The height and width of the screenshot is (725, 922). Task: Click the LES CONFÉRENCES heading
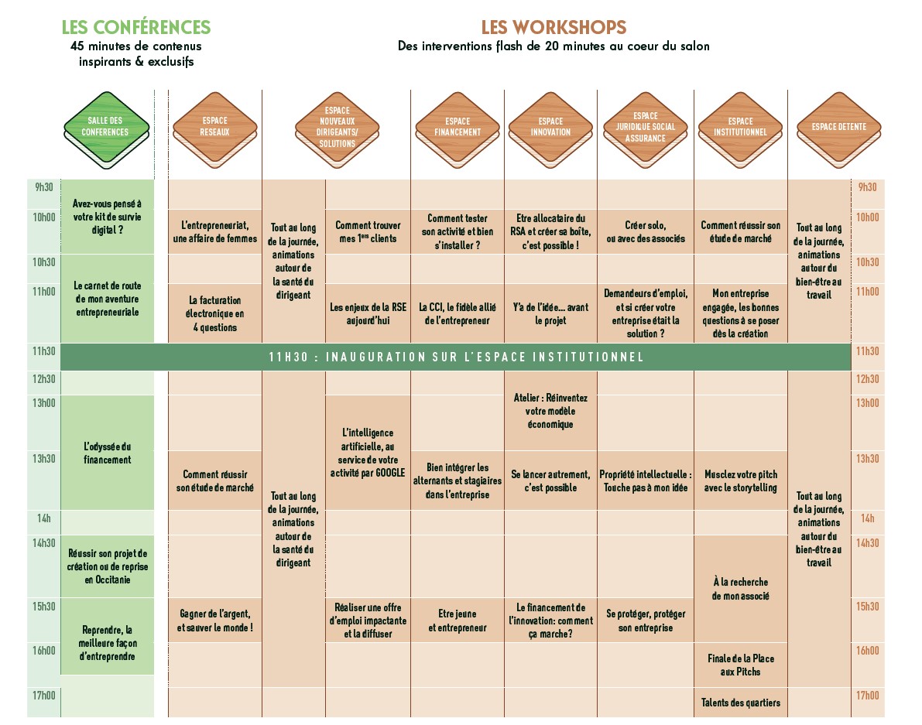click(135, 27)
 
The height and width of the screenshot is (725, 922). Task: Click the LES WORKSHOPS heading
click(554, 27)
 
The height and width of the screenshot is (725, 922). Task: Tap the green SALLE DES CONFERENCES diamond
click(107, 127)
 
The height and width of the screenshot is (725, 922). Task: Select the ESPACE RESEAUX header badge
click(214, 126)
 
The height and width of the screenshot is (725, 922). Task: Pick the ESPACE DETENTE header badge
click(838, 127)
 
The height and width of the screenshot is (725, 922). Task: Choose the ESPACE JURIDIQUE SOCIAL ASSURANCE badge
click(645, 127)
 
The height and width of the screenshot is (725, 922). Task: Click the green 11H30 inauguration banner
click(456, 357)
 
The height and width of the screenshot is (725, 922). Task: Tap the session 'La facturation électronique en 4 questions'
click(214, 313)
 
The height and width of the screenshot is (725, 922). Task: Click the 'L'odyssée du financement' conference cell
click(107, 453)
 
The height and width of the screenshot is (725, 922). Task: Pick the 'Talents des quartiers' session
click(740, 703)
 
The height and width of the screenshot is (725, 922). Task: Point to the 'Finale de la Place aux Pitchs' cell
click(740, 665)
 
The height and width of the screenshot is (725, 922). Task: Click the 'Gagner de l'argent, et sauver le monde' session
click(214, 621)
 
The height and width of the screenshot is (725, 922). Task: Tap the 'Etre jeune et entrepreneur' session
click(457, 621)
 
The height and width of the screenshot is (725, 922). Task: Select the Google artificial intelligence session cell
click(368, 453)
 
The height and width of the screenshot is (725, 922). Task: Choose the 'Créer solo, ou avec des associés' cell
click(645, 232)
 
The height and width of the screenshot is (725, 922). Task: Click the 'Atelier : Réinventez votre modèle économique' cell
click(550, 411)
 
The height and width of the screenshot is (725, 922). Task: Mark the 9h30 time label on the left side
click(44, 187)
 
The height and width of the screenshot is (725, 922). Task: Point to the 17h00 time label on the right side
click(867, 696)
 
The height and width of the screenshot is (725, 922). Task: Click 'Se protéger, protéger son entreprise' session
click(645, 621)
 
